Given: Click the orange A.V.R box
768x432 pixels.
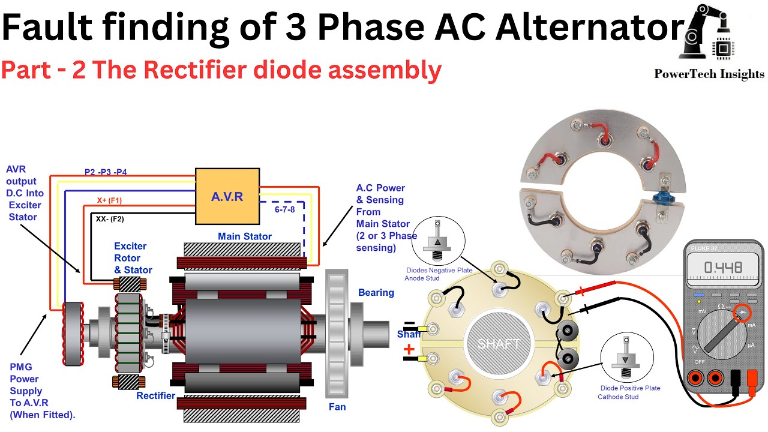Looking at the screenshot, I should (x=227, y=196).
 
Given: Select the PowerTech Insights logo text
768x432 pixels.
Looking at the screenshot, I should (x=709, y=74).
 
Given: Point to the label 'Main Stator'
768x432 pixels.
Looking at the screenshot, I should (x=245, y=236).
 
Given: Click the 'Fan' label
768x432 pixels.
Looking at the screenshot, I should (x=337, y=407).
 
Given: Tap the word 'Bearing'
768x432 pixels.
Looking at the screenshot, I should (x=376, y=293).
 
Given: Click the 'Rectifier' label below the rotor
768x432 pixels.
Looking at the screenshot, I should (x=155, y=395).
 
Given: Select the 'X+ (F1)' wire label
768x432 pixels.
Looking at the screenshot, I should (x=109, y=200).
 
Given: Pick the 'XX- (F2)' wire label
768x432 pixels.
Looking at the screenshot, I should (x=110, y=219).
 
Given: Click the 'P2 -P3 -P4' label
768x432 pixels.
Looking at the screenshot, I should (x=106, y=172).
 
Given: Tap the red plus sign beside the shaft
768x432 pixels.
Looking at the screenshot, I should (x=409, y=349).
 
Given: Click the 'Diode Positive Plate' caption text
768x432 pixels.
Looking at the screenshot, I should (x=630, y=388).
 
